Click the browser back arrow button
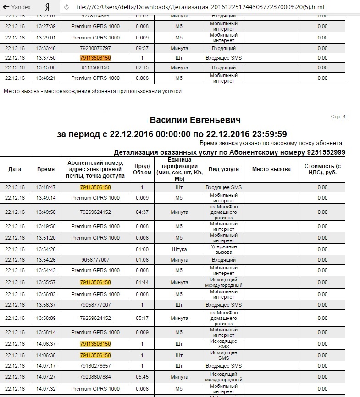click(x=6, y=7)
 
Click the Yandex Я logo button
click(x=47, y=7)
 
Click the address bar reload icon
click(x=67, y=7)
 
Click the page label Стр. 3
click(x=338, y=117)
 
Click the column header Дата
click(x=15, y=169)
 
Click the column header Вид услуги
click(x=224, y=169)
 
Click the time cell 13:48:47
click(x=46, y=187)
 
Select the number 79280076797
click(x=95, y=48)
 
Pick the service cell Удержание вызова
click(x=223, y=249)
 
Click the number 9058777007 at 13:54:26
click(x=95, y=260)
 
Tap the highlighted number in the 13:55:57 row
click(x=95, y=282)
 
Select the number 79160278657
click(x=95, y=366)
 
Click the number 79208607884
click(x=95, y=377)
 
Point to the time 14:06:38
click(x=46, y=355)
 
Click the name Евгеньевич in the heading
click(x=215, y=120)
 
